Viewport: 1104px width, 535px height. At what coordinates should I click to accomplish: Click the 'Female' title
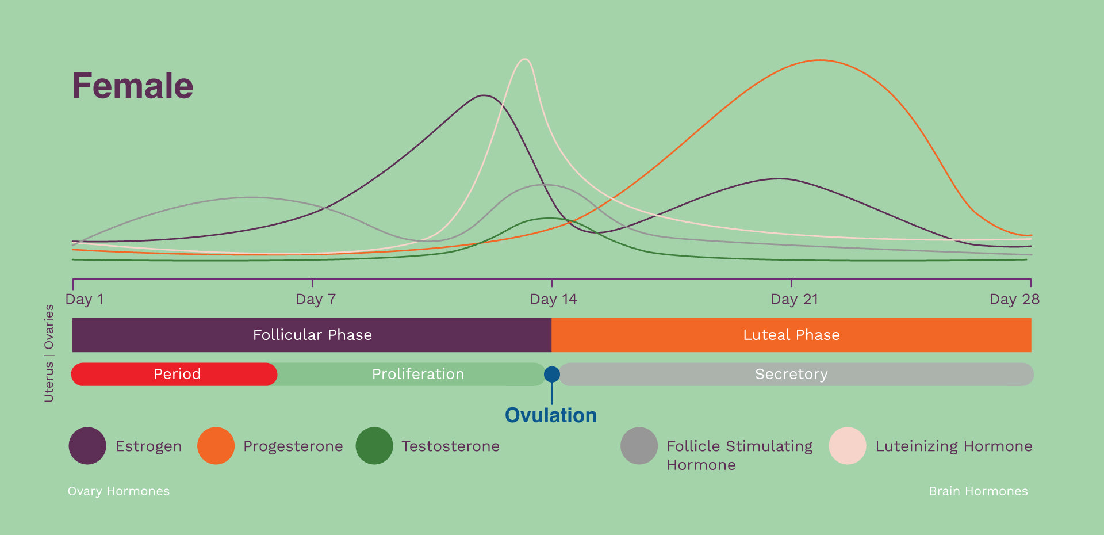(x=132, y=86)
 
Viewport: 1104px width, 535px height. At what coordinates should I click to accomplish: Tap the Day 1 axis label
(x=85, y=299)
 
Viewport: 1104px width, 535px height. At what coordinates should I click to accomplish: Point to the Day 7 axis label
(x=315, y=299)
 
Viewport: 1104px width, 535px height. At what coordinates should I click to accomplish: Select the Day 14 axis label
(x=553, y=299)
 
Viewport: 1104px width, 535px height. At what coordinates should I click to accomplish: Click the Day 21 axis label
(x=794, y=299)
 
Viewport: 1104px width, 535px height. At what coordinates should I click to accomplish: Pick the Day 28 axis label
(x=1014, y=299)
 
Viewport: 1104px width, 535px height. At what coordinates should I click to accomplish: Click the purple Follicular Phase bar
(x=312, y=335)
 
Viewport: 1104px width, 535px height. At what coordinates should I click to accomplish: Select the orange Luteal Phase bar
(x=791, y=335)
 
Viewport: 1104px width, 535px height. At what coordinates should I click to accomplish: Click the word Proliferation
(x=418, y=374)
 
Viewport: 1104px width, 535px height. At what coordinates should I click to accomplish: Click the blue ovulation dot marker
(x=552, y=375)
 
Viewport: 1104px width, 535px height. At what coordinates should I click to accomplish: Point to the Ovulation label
(x=551, y=415)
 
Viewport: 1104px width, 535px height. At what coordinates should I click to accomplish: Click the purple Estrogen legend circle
(x=87, y=446)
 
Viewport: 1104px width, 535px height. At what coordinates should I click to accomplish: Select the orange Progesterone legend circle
(x=216, y=446)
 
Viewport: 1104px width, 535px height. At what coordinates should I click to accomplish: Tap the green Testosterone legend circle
(x=374, y=446)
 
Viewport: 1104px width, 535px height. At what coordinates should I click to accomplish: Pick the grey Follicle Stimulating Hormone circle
(x=639, y=446)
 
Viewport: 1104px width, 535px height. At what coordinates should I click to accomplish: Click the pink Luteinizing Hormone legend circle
(x=848, y=446)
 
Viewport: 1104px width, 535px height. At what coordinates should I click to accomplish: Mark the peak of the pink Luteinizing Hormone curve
(x=524, y=59)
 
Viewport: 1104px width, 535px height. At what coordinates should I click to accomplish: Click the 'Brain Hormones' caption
(x=978, y=491)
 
